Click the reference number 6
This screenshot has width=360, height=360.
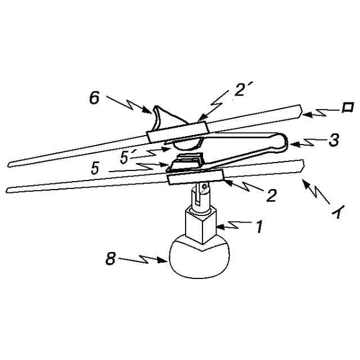94,98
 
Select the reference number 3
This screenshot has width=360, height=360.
333,141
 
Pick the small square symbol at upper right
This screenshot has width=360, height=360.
348,107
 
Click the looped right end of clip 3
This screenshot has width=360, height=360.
281,142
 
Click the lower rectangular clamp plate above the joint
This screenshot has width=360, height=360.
196,177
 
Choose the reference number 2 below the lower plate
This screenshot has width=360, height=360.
272,195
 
